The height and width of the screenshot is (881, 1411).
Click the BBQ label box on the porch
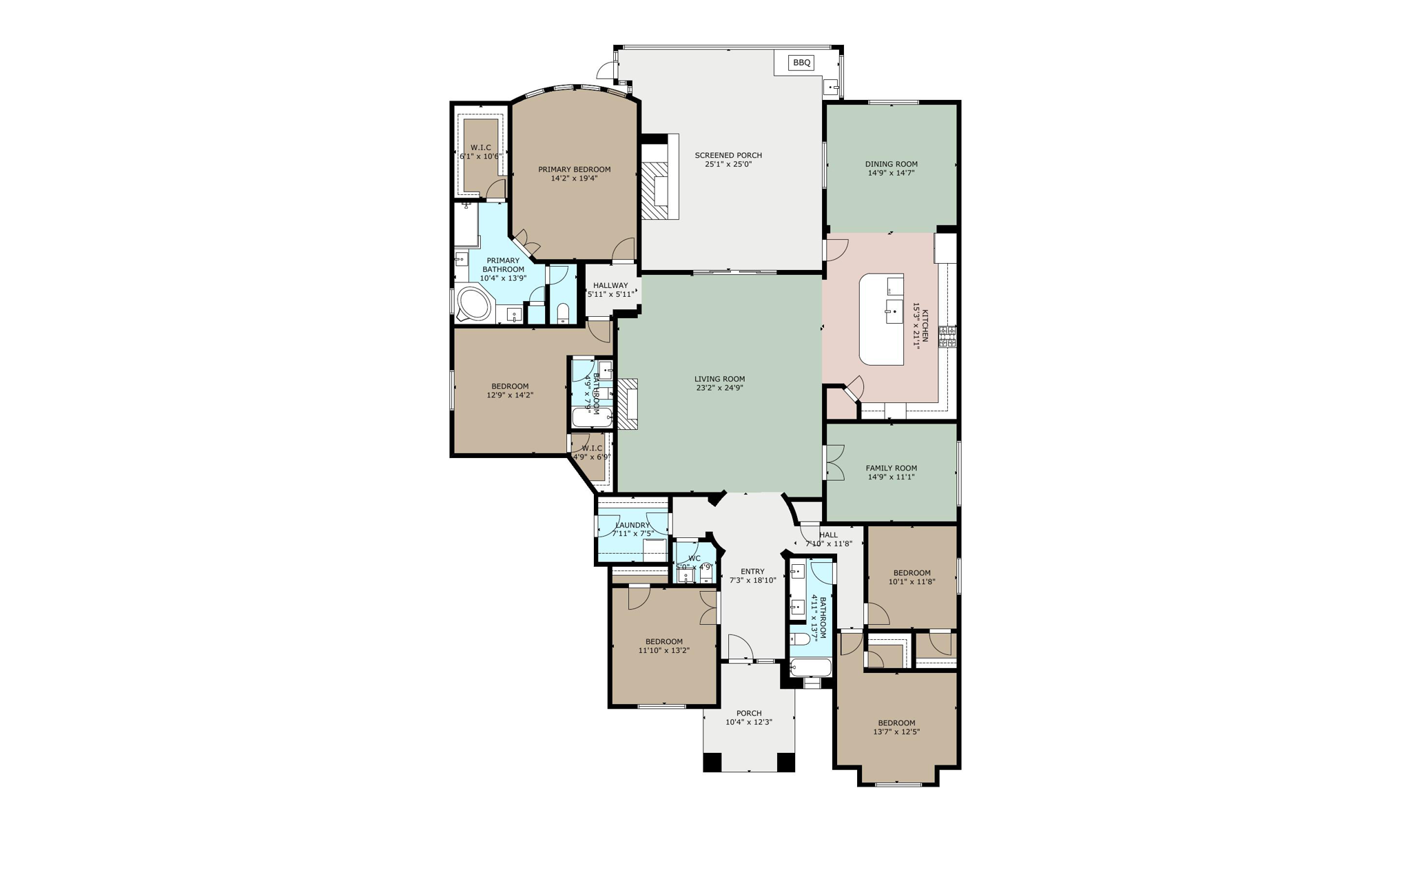click(x=801, y=63)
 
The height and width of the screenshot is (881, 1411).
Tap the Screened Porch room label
click(x=728, y=156)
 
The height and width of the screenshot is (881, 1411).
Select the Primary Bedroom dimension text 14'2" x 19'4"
click(x=574, y=178)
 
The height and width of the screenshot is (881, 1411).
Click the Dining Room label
click(x=891, y=164)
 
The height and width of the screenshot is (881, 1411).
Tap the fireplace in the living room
click(x=627, y=404)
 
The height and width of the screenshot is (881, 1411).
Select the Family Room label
click(x=891, y=468)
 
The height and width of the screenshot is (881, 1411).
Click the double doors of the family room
click(x=834, y=462)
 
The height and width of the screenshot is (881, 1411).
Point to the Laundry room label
click(x=632, y=525)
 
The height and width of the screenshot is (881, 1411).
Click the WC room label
click(x=694, y=559)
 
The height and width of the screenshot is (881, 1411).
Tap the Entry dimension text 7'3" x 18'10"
click(x=752, y=581)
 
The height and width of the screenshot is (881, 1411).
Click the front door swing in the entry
click(x=739, y=648)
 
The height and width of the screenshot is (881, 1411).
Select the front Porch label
click(x=748, y=714)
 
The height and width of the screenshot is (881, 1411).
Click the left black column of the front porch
click(x=712, y=763)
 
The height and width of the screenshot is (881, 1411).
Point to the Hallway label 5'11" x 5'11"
click(x=610, y=290)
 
